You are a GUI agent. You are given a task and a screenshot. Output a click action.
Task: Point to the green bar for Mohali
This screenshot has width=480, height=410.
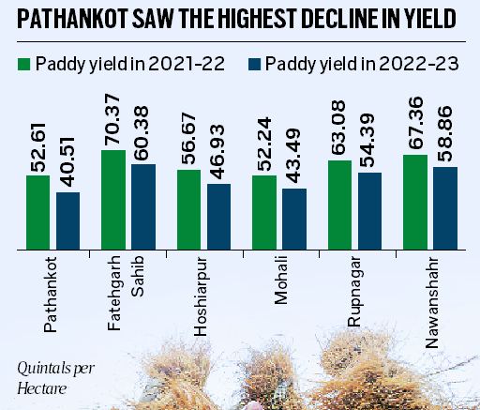pyautogui.click(x=263, y=213)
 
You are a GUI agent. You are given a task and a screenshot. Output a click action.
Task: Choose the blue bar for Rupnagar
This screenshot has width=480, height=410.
pyautogui.click(x=369, y=211)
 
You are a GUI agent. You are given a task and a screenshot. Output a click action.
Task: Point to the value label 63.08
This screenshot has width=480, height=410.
pyautogui.click(x=339, y=131)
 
